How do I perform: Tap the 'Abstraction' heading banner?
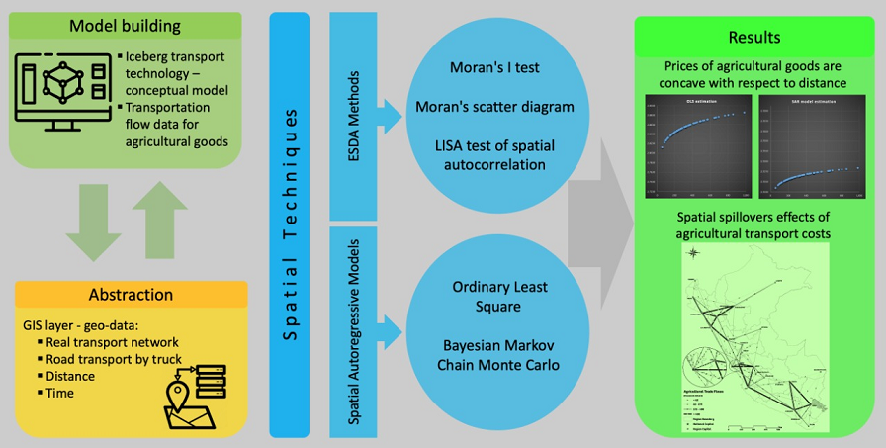pyautogui.click(x=131, y=295)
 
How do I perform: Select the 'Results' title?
pyautogui.click(x=754, y=38)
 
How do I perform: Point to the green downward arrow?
pyautogui.click(x=94, y=223)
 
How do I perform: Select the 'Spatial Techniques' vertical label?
pyautogui.click(x=290, y=225)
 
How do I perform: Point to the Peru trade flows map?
pyautogui.click(x=755, y=339)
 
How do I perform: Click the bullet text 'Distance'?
pyautogui.click(x=70, y=376)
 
